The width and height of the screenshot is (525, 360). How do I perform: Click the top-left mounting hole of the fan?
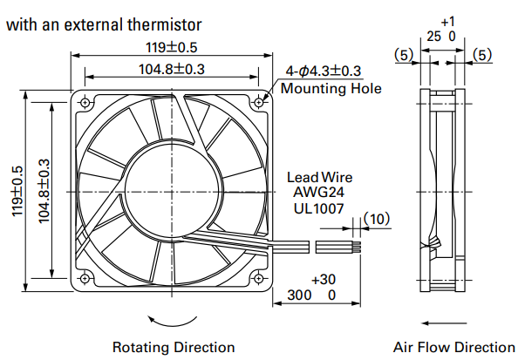[85, 102]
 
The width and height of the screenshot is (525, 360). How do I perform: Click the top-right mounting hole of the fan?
[259, 102]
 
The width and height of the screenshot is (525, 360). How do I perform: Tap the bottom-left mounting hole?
[85, 278]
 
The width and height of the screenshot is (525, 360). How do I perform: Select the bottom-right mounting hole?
[258, 278]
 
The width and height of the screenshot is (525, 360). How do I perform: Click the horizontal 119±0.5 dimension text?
[172, 48]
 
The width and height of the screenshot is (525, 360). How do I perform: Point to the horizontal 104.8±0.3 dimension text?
[172, 69]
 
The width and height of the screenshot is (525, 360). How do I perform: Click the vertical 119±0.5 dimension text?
[17, 191]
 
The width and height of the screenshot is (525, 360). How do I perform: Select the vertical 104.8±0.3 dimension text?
[44, 191]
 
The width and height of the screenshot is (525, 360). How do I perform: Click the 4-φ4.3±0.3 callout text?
[323, 71]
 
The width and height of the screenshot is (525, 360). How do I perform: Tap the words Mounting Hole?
[331, 88]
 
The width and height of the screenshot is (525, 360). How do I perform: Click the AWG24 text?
[318, 192]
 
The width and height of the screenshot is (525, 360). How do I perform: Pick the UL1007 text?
[318, 208]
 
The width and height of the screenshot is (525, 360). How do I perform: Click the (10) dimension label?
[377, 219]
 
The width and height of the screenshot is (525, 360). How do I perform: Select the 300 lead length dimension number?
[299, 295]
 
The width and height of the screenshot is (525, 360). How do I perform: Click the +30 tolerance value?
[324, 279]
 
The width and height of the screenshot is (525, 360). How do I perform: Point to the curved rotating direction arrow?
[172, 324]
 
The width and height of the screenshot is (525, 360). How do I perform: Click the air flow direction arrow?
[444, 323]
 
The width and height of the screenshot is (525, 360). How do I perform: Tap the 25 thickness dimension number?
[434, 36]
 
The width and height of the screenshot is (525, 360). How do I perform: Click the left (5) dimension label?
[404, 55]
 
